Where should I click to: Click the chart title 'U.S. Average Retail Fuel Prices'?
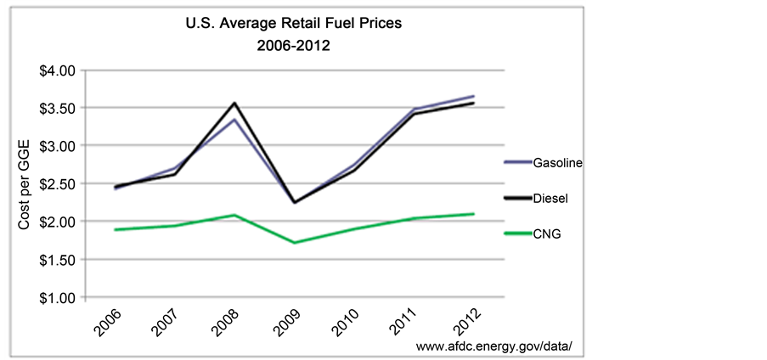tap(293, 24)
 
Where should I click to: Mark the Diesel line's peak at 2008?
tap(234, 104)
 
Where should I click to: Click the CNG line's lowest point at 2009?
tap(295, 243)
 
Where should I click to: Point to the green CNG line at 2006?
tap(115, 229)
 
